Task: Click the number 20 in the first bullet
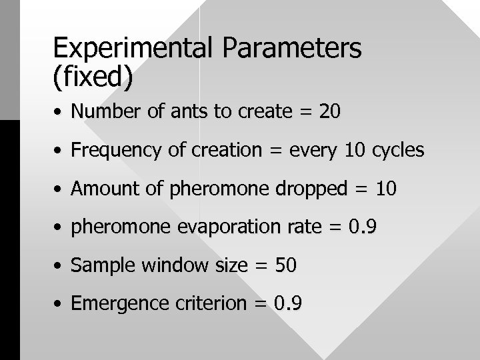[330, 112]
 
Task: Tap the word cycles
[398, 151]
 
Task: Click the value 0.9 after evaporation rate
[363, 228]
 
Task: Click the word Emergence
[112, 305]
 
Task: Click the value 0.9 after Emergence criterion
[289, 305]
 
